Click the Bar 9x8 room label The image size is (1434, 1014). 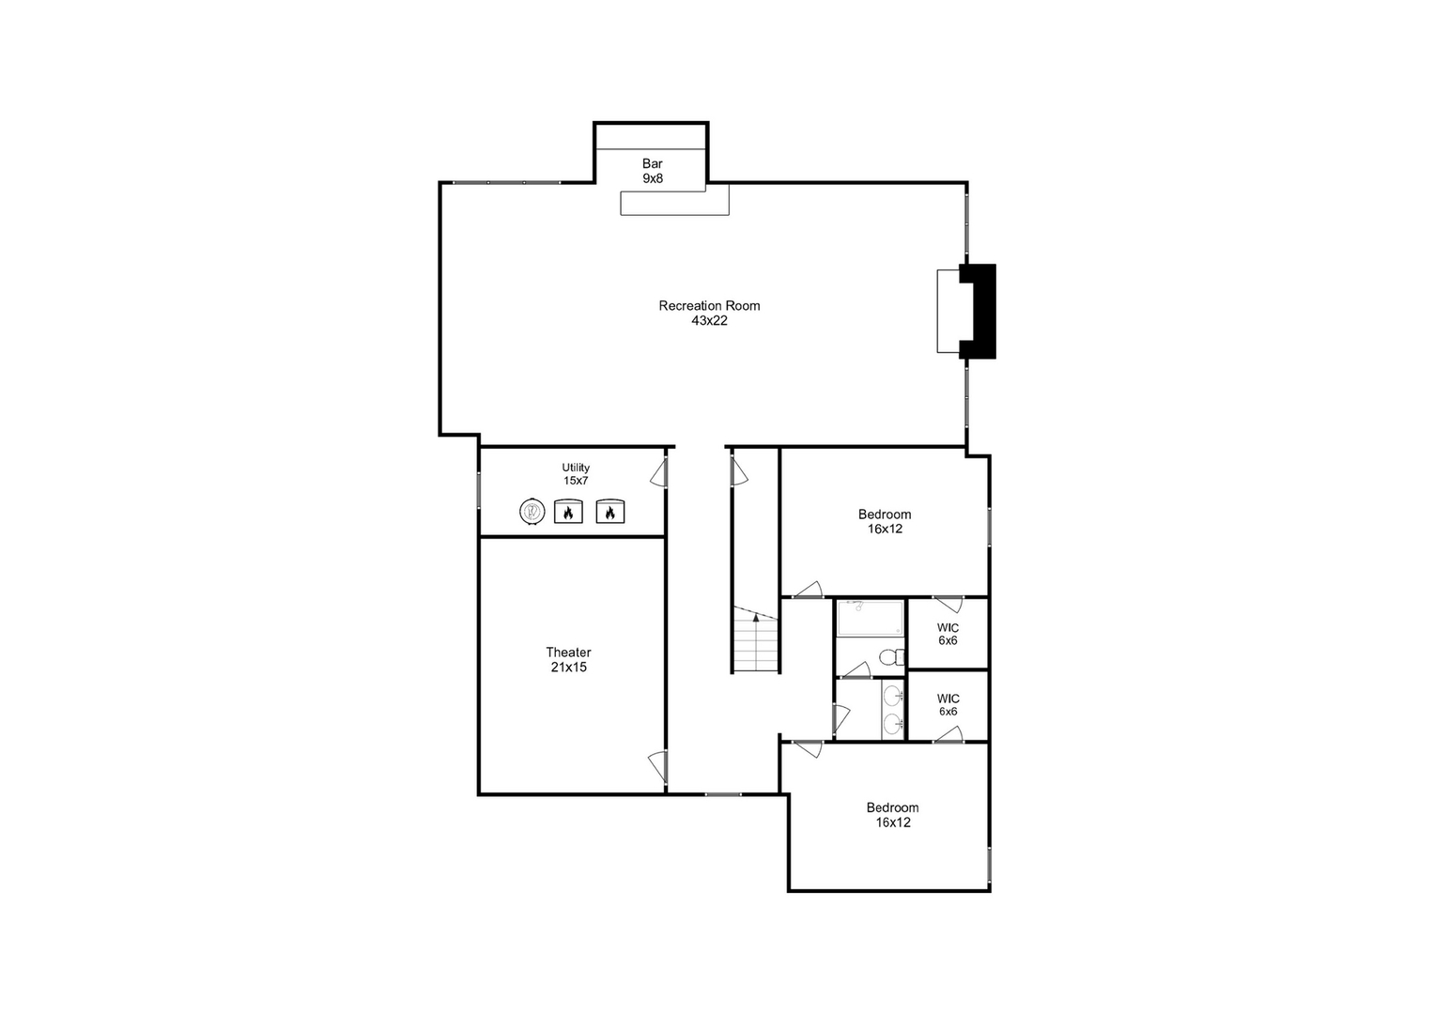(x=652, y=170)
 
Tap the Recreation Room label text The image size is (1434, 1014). (x=709, y=305)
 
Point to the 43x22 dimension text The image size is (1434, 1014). (x=709, y=320)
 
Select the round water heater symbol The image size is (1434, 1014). (x=532, y=512)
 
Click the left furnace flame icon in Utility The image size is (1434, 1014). (x=568, y=512)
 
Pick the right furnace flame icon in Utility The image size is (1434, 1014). (x=610, y=512)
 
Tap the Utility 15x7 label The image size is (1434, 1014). (x=576, y=474)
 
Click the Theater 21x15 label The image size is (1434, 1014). (x=568, y=660)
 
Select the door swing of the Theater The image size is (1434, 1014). (x=658, y=767)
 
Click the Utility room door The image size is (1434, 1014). (x=659, y=471)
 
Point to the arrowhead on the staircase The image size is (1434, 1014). (x=757, y=617)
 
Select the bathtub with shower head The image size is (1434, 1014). (x=870, y=618)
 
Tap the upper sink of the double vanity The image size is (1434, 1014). (x=892, y=696)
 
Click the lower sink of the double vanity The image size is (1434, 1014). (x=892, y=724)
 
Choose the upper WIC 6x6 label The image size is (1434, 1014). (x=948, y=634)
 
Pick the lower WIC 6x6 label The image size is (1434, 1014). (x=948, y=705)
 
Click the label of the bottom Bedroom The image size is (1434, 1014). (x=892, y=815)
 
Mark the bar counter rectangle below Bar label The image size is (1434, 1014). (x=674, y=202)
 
